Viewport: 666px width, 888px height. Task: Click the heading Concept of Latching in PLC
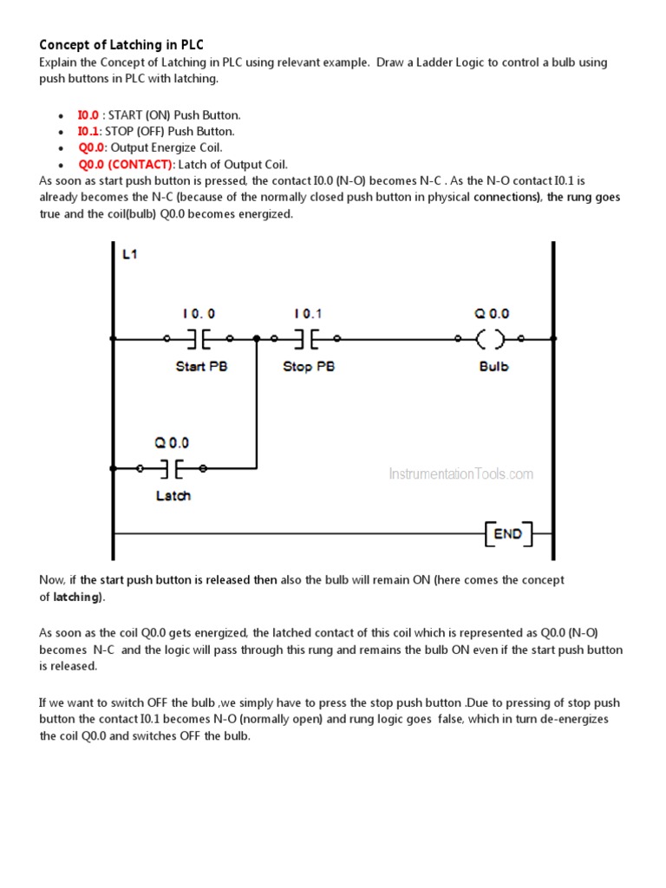pyautogui.click(x=121, y=44)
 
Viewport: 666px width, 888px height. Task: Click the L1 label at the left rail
pyautogui.click(x=129, y=256)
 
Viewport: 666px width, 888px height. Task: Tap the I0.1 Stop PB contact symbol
pyautogui.click(x=305, y=338)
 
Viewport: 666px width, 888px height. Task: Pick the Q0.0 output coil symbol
pyautogui.click(x=493, y=338)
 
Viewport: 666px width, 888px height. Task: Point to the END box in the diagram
pyautogui.click(x=507, y=533)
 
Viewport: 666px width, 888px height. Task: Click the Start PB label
pyautogui.click(x=201, y=367)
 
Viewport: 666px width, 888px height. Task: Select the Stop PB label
pyautogui.click(x=309, y=367)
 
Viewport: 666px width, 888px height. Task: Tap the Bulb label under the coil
pyautogui.click(x=493, y=367)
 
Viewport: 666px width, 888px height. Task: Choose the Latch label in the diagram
pyautogui.click(x=173, y=496)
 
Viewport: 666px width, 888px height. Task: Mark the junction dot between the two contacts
pyautogui.click(x=257, y=338)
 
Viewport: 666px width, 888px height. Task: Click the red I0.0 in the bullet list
pyautogui.click(x=88, y=115)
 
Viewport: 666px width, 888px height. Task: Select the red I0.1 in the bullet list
pyautogui.click(x=88, y=132)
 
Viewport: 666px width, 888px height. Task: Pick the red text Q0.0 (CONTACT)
pyautogui.click(x=126, y=165)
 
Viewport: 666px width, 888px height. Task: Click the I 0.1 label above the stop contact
pyautogui.click(x=309, y=313)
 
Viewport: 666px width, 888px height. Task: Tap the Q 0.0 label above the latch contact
pyautogui.click(x=172, y=442)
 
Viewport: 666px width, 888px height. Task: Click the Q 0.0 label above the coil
pyautogui.click(x=493, y=313)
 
